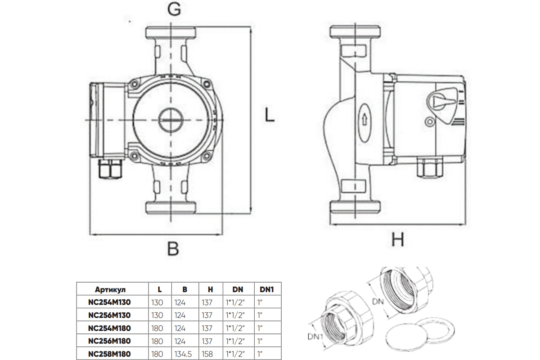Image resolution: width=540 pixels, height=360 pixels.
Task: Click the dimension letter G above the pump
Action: point(174,9)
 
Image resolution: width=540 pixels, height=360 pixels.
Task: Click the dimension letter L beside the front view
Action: point(270,115)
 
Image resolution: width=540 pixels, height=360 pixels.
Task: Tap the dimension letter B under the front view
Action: point(173,248)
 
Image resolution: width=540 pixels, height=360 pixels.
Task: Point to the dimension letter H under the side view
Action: point(397,239)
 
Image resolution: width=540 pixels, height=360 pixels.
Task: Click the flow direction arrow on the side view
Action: point(364,120)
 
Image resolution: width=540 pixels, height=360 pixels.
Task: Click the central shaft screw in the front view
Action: point(171,120)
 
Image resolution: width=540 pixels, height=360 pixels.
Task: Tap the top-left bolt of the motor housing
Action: point(134,84)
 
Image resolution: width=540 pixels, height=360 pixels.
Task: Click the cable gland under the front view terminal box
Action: point(110,169)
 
